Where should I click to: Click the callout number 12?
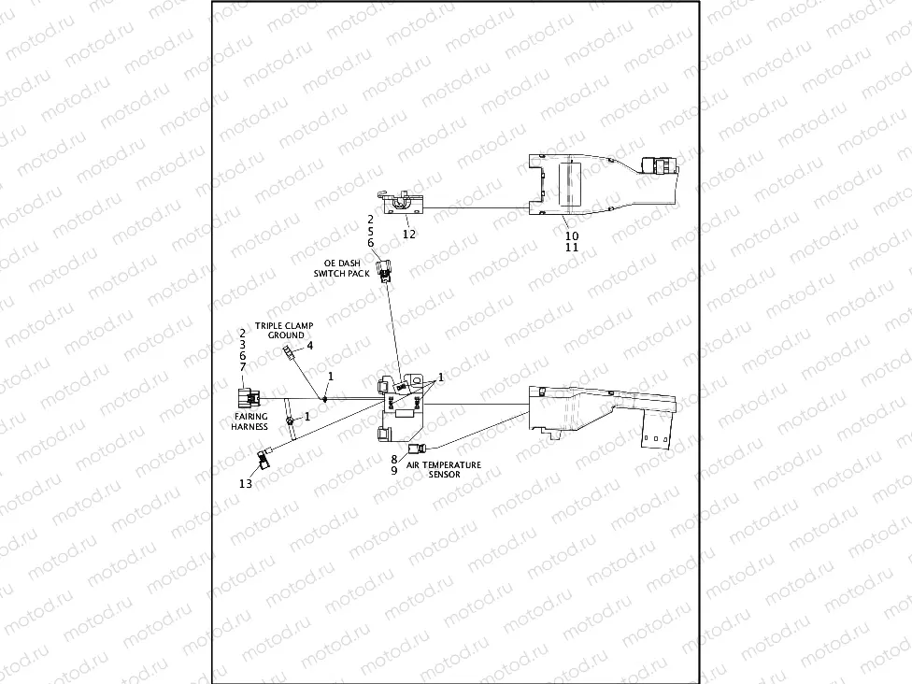tap(408, 234)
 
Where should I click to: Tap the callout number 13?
tap(245, 483)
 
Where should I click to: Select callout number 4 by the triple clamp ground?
tap(310, 346)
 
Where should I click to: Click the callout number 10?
tap(572, 236)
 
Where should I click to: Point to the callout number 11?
tap(572, 249)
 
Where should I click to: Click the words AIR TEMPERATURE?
tap(444, 464)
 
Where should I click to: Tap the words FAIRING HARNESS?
tap(249, 421)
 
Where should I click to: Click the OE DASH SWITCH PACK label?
tap(343, 268)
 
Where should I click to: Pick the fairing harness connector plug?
tap(248, 397)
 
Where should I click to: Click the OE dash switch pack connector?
tap(383, 271)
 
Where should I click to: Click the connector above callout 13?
tap(264, 457)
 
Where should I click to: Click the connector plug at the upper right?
tap(661, 165)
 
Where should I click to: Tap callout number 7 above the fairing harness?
tap(242, 368)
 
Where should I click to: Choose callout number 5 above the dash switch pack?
tap(370, 230)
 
